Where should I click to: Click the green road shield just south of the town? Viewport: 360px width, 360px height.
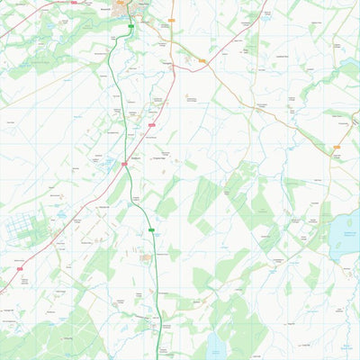(131, 28)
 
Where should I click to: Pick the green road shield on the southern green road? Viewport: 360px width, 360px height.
(152, 230)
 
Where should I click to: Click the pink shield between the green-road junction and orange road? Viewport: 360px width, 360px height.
(152, 124)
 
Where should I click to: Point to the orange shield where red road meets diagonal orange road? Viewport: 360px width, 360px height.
(202, 61)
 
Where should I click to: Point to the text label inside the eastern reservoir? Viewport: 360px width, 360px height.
(346, 236)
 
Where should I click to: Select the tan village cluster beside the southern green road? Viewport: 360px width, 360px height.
(147, 258)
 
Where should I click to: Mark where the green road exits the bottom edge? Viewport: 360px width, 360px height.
(162, 358)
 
